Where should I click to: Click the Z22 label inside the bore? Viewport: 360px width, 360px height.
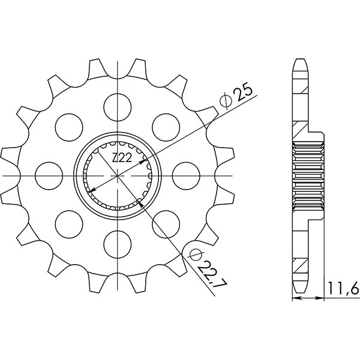click(122, 158)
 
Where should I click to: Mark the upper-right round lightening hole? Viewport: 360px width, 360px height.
click(166, 127)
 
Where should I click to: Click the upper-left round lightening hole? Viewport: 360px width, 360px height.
click(69, 127)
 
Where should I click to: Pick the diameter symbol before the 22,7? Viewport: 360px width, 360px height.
click(194, 256)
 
